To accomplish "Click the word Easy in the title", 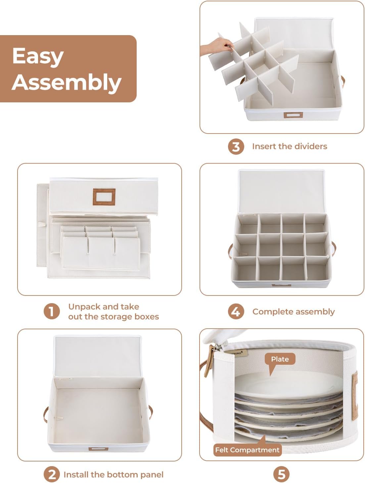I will click(x=37, y=56).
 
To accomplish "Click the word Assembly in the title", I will click(x=67, y=82).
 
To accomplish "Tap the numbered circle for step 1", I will click(x=52, y=312).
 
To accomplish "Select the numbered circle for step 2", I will click(x=52, y=474).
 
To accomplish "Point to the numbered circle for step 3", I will click(x=236, y=146).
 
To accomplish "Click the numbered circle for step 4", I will click(x=236, y=312).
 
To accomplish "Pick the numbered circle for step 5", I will click(x=281, y=474).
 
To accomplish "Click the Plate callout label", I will click(x=280, y=359).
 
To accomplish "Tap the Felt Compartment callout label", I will click(x=247, y=450).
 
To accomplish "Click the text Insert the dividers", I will click(x=289, y=146).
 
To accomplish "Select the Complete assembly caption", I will click(x=293, y=312).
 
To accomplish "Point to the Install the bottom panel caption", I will click(x=113, y=475).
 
